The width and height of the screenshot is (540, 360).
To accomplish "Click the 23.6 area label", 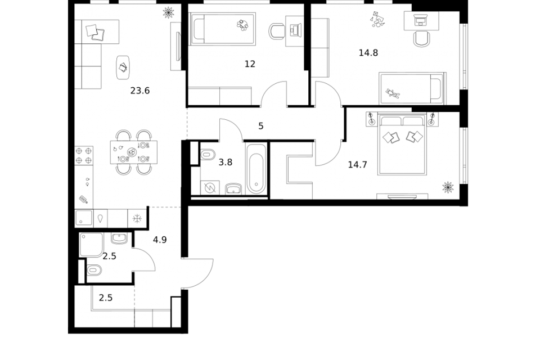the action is tap(140, 91).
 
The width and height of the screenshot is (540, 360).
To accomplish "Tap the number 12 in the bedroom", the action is tap(250, 64).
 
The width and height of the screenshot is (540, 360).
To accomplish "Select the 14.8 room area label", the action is tap(368, 53).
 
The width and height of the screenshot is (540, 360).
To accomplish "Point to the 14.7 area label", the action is tap(358, 165).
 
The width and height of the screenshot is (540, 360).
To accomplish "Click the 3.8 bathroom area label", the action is tap(226, 162).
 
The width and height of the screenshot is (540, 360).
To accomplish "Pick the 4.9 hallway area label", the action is tap(160, 240).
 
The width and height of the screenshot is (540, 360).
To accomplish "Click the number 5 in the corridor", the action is tap(261, 126).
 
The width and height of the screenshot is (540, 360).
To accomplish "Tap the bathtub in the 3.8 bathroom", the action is tap(256, 169).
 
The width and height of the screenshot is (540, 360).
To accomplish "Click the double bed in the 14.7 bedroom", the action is tap(402, 144).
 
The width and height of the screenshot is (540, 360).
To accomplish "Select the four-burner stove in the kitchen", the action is tap(84, 155).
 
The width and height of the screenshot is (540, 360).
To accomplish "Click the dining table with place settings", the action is tap(134, 152).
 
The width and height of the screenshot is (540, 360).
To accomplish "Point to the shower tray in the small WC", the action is tap(91, 245).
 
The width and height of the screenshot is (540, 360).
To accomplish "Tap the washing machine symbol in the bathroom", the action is tap(209, 188).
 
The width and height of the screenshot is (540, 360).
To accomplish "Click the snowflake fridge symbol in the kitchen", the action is tap(137, 218).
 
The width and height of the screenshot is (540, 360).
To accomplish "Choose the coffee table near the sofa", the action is tap(123, 67).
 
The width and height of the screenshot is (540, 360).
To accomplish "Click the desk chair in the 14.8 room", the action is tap(421, 39).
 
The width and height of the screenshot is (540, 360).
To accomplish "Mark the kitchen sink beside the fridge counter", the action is tap(84, 218).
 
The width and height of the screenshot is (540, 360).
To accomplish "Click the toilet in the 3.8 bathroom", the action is tap(208, 154).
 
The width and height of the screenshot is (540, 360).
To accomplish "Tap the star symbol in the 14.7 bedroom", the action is tap(448, 187).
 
